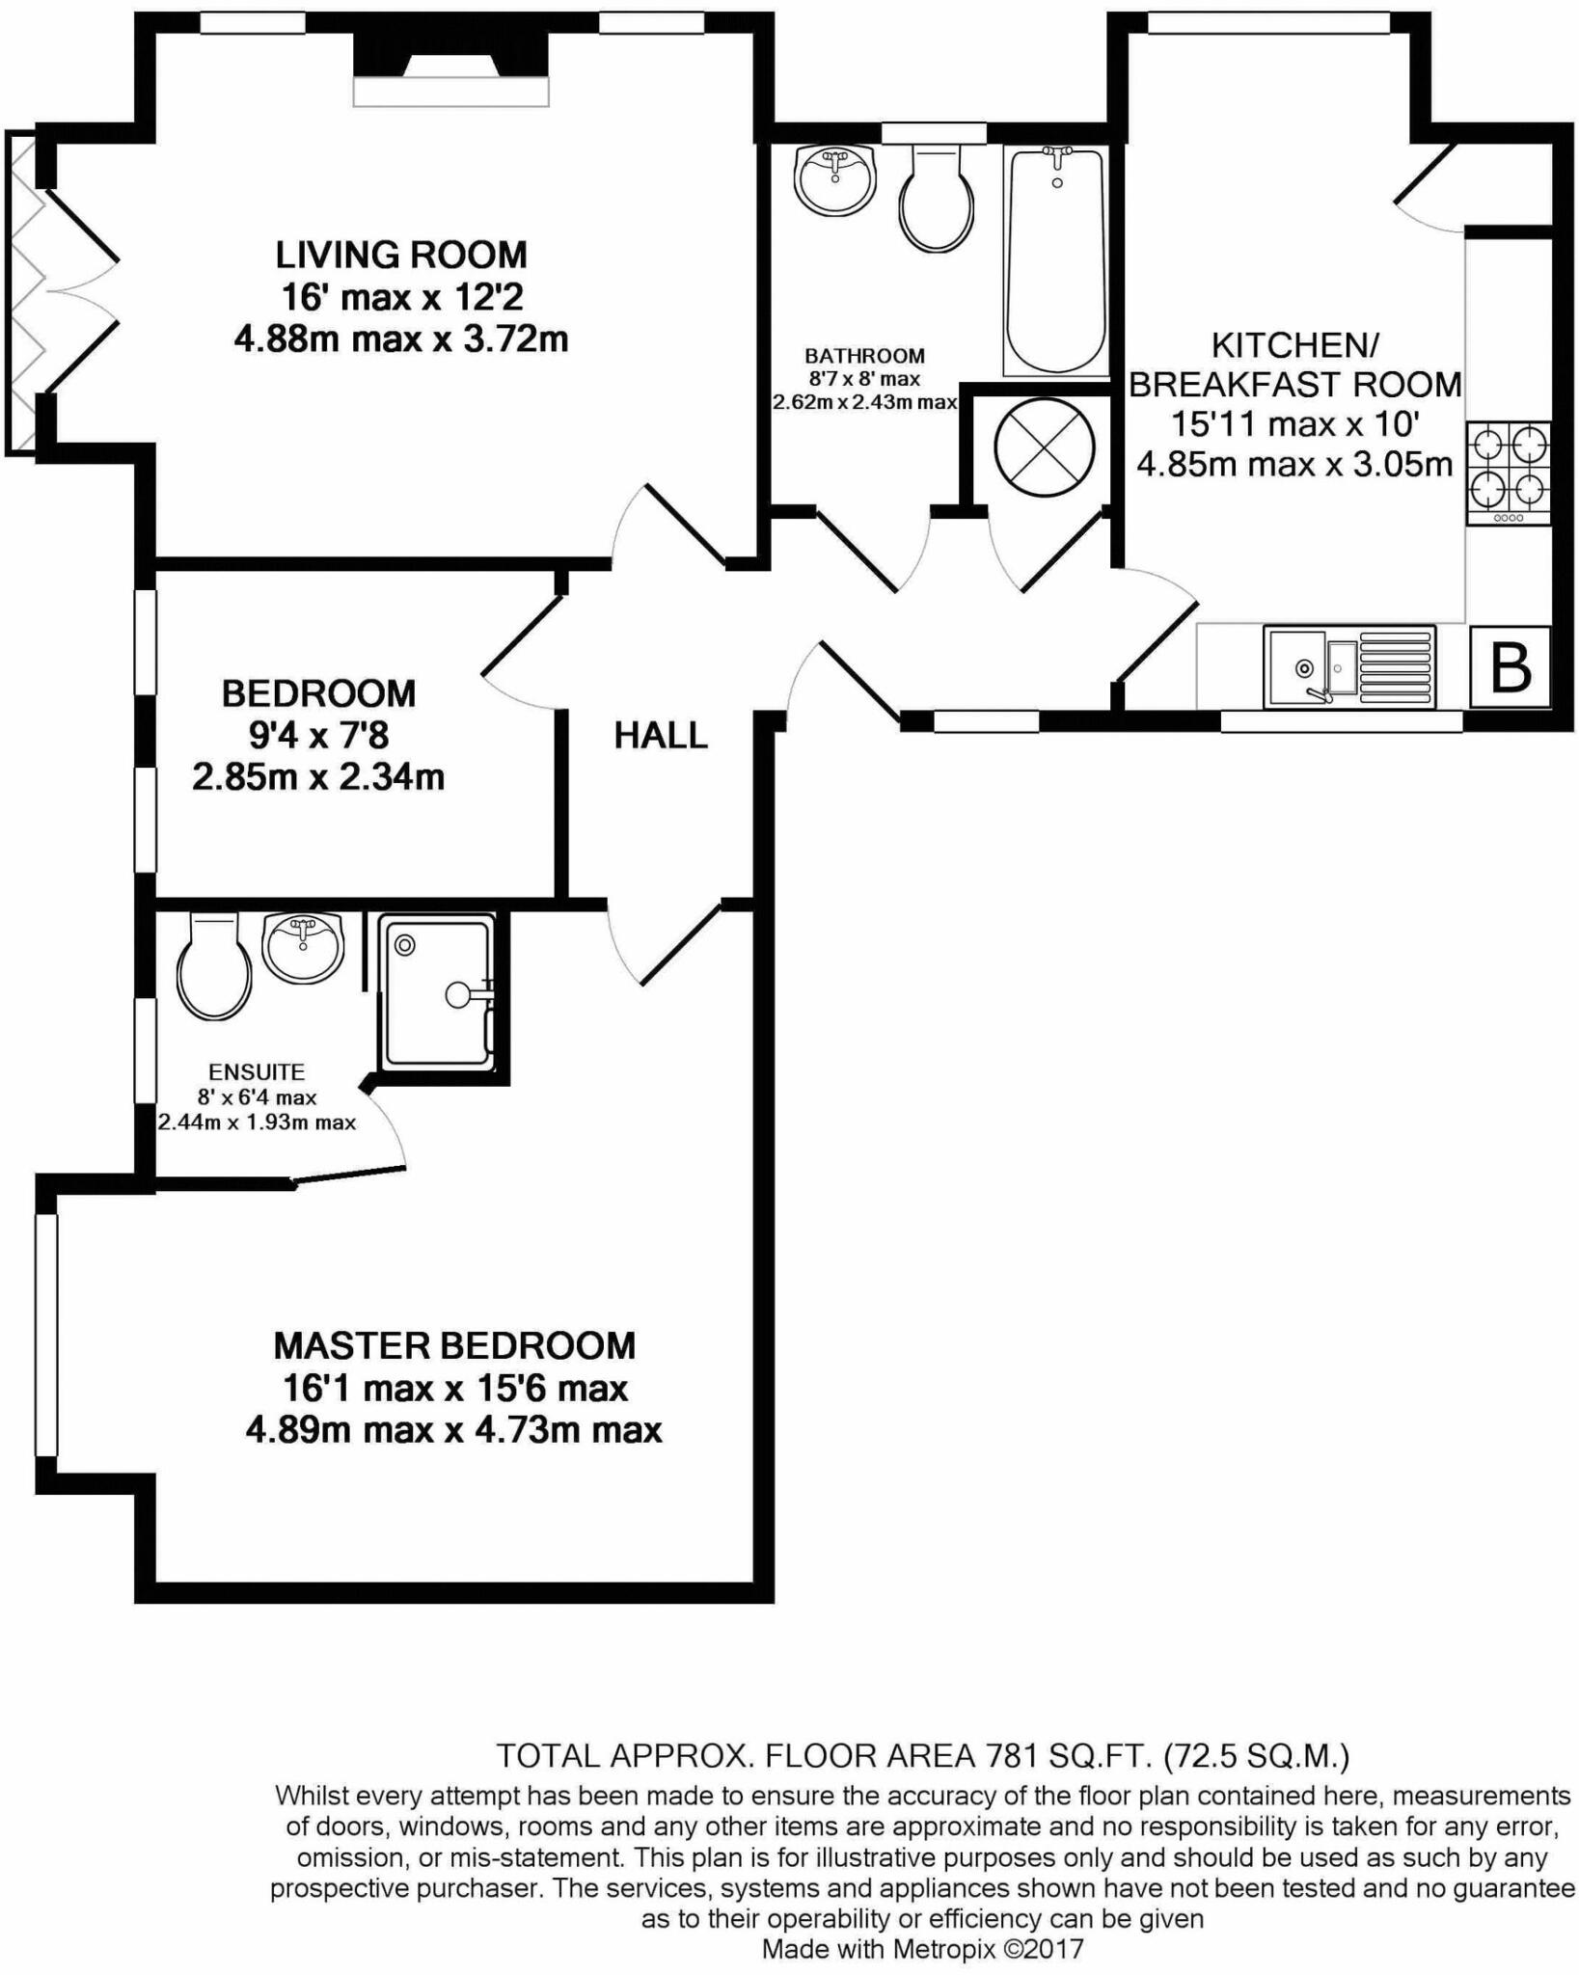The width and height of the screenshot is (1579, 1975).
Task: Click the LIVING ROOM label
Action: tap(401, 256)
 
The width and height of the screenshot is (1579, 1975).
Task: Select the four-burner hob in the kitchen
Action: tap(1509, 471)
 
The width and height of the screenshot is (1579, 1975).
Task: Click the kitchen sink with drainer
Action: tap(1348, 666)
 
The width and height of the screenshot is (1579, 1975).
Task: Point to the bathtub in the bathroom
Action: tap(1055, 260)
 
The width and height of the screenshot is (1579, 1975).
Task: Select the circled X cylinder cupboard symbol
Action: tap(1045, 448)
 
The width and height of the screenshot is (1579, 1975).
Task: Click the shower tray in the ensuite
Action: tap(437, 992)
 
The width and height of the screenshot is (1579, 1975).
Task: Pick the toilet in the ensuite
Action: tap(214, 967)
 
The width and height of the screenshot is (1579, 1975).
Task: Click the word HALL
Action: tap(661, 736)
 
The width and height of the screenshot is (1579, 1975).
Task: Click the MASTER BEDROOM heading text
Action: tap(454, 1345)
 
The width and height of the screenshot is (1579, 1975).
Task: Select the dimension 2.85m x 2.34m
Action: tap(318, 776)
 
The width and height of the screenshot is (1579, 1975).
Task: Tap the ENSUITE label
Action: tap(257, 1071)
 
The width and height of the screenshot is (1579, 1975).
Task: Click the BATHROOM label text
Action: tap(864, 356)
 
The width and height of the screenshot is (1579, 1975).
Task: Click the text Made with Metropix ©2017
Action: tap(922, 1949)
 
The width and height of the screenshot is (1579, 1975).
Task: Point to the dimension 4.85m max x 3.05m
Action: tap(1294, 465)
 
